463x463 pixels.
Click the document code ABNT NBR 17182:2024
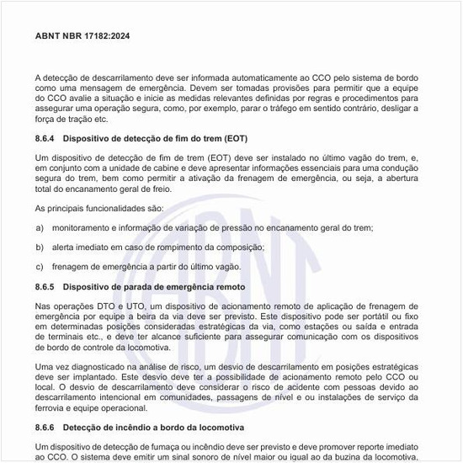(x=82, y=37)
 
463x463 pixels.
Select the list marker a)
(x=40, y=228)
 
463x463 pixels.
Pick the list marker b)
(x=40, y=247)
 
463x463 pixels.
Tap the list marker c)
(x=40, y=267)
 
